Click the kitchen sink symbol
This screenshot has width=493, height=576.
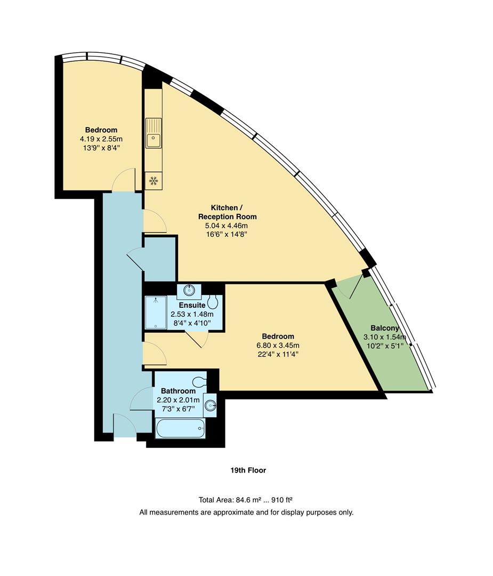coord(153,134)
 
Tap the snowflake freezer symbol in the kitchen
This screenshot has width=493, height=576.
coord(153,181)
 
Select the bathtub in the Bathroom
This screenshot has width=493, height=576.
coord(180,428)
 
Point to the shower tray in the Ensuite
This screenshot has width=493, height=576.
coord(156,312)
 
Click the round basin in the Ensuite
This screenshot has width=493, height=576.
coord(189,291)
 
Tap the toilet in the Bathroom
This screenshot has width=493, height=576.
coord(199,382)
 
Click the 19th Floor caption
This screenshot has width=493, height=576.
coord(248,470)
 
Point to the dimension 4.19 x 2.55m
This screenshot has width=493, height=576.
coord(101,139)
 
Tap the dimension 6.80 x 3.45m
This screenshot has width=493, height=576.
coord(278,345)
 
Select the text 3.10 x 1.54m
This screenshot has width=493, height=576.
coord(385,337)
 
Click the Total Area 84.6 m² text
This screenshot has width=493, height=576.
coord(246,500)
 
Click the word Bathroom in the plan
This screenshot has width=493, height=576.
coord(178,391)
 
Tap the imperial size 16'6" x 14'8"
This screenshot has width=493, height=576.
coord(228,234)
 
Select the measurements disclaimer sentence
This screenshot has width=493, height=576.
coord(246,512)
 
